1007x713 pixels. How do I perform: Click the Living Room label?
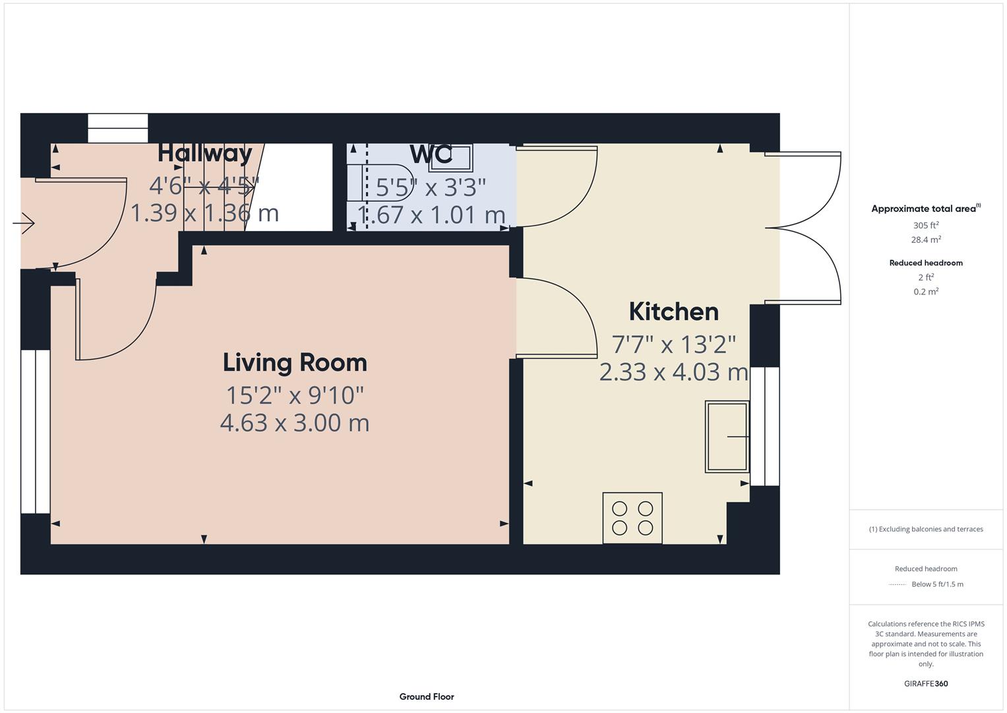click(x=295, y=362)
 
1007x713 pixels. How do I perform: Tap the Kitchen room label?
click(x=673, y=312)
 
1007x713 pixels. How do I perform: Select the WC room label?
click(x=431, y=154)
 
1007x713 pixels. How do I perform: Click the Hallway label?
click(x=204, y=153)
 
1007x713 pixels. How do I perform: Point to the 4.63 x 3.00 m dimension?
click(x=295, y=423)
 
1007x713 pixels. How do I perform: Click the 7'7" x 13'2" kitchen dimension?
click(x=673, y=344)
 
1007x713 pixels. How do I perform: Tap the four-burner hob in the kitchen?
click(x=632, y=518)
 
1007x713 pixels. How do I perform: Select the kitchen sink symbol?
click(x=727, y=436)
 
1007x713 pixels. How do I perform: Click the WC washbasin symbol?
click(x=450, y=158)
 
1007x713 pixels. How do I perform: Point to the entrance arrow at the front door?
click(x=24, y=224)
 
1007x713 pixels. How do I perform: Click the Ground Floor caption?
click(x=427, y=696)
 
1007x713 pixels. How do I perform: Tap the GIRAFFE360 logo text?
click(x=925, y=683)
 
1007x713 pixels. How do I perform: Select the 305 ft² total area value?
click(x=925, y=225)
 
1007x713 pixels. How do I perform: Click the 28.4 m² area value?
click(x=925, y=240)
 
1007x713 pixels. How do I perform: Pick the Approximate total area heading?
click(x=925, y=209)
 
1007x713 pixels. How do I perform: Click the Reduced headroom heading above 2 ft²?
click(x=925, y=263)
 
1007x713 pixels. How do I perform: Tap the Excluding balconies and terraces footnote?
click(x=925, y=529)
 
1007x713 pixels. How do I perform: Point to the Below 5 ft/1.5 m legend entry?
click(x=936, y=584)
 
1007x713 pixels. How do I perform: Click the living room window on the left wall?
click(x=36, y=431)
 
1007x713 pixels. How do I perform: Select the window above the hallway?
click(x=118, y=128)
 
